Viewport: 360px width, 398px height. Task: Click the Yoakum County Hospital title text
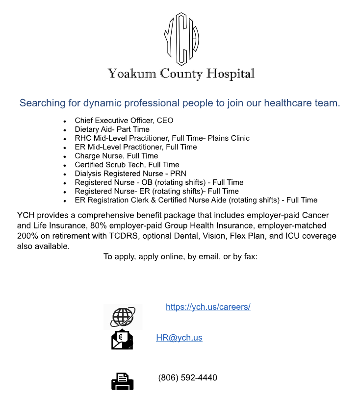(x=181, y=74)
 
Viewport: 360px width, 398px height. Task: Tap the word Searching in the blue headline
(x=42, y=103)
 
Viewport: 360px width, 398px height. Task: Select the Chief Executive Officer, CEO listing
(x=124, y=121)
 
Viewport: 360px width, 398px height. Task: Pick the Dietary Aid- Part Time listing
(x=112, y=129)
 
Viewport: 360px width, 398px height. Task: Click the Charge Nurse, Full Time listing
(x=116, y=156)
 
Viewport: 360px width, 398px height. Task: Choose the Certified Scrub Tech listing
(x=127, y=165)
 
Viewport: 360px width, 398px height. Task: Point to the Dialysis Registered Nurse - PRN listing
(x=130, y=174)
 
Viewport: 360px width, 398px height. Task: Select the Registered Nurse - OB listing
(x=159, y=182)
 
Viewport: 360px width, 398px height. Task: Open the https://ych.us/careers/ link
(x=208, y=307)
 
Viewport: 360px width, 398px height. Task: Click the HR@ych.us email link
(x=179, y=338)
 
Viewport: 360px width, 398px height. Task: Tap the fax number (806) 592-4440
(x=187, y=378)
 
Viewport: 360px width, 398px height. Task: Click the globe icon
(x=122, y=317)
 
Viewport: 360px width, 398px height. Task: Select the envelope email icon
(x=122, y=340)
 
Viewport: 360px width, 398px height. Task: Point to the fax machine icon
(x=122, y=381)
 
